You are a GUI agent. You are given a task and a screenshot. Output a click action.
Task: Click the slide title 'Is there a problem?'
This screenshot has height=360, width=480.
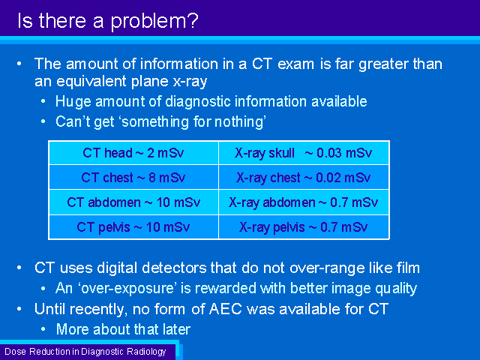pos(108,21)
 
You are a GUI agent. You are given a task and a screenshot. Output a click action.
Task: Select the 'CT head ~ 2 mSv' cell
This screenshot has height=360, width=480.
pos(133,153)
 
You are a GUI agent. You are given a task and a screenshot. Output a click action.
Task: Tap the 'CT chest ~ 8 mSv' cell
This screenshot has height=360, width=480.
pos(133,177)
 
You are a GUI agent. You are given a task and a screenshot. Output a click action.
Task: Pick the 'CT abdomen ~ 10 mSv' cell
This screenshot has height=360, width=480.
pos(133,202)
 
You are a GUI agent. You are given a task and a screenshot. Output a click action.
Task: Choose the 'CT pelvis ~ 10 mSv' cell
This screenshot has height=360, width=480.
pos(133,227)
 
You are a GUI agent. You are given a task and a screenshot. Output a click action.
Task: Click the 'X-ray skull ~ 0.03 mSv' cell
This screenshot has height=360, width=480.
pos(304,153)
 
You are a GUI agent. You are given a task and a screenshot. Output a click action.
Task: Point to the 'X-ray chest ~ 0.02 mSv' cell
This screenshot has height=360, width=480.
pos(304,177)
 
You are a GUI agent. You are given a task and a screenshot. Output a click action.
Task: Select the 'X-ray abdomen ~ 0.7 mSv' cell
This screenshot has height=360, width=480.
pos(304,202)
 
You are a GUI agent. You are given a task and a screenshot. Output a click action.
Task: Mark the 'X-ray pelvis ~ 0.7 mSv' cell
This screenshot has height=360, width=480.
pos(304,227)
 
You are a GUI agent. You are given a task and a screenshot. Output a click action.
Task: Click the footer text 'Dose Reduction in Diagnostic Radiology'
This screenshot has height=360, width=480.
pos(85,352)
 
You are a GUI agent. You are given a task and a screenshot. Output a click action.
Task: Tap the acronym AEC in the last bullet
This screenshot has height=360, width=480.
pos(226,309)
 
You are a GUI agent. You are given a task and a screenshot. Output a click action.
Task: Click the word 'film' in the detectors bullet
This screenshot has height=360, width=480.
pos(408,268)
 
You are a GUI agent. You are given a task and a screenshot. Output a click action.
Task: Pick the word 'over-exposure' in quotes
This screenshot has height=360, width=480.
pos(128,289)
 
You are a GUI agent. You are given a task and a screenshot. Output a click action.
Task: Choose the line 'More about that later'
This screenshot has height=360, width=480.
pos(123,329)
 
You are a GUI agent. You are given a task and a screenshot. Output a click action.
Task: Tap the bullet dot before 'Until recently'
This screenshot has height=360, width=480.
pos(19,309)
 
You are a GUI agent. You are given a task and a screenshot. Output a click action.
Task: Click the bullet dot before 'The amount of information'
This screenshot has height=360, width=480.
pos(19,64)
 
